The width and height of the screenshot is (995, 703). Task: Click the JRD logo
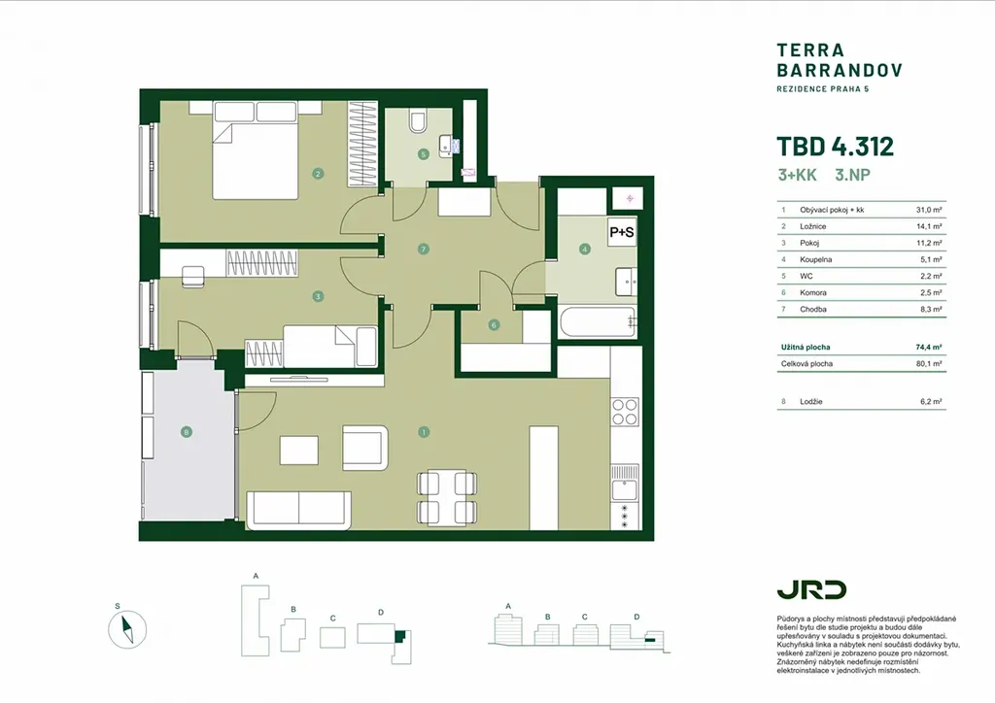pyautogui.click(x=810, y=589)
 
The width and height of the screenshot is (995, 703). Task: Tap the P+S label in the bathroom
pyautogui.click(x=622, y=232)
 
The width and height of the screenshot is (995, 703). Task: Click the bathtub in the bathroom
pyautogui.click(x=597, y=322)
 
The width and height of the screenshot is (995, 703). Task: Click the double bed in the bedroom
pyautogui.click(x=255, y=148)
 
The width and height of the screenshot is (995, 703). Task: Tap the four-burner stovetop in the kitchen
pyautogui.click(x=624, y=413)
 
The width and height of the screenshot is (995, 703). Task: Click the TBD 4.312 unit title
pyautogui.click(x=835, y=147)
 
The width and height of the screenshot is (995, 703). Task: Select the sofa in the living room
pyautogui.click(x=297, y=509)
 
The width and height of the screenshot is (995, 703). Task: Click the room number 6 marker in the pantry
pyautogui.click(x=494, y=325)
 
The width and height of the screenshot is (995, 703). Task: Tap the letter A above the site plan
pyautogui.click(x=256, y=577)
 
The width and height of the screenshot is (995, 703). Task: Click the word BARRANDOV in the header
pyautogui.click(x=840, y=70)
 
